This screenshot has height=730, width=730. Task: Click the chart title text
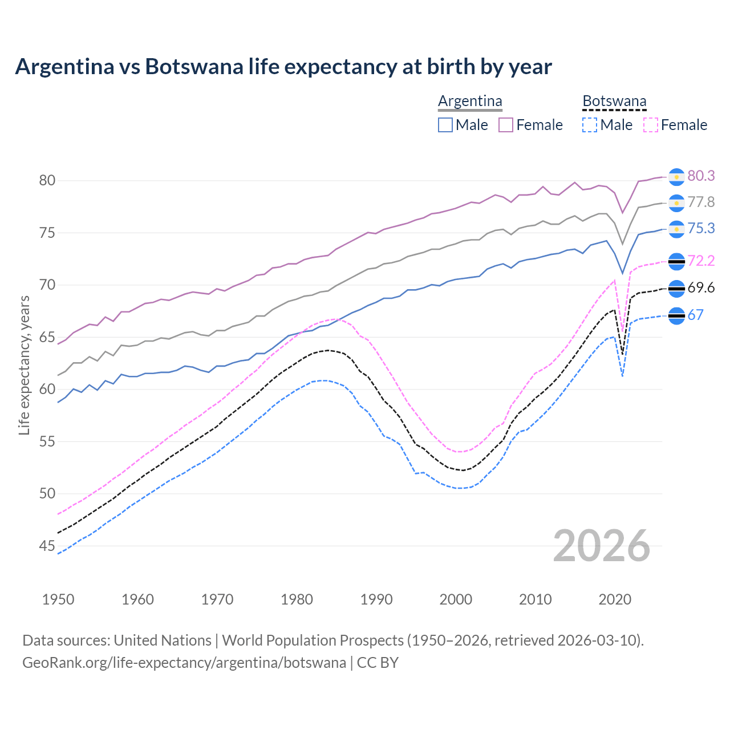pyautogui.click(x=283, y=67)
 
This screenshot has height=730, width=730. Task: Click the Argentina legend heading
pyautogui.click(x=470, y=102)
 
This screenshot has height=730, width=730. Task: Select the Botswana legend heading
pyautogui.click(x=614, y=102)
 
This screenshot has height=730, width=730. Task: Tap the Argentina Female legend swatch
pyautogui.click(x=506, y=125)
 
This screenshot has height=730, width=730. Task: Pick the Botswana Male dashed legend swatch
pyautogui.click(x=590, y=125)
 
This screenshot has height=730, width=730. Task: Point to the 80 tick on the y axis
pyautogui.click(x=47, y=181)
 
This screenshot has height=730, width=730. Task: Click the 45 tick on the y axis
pyautogui.click(x=47, y=546)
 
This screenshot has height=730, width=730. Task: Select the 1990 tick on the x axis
pyautogui.click(x=376, y=599)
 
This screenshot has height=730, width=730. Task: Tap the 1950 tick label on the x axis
pyautogui.click(x=58, y=599)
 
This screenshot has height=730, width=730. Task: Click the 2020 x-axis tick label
pyautogui.click(x=615, y=599)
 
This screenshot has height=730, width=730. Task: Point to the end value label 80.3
pyautogui.click(x=701, y=176)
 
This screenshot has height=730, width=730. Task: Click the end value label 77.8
pyautogui.click(x=701, y=202)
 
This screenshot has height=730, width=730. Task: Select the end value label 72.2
pyautogui.click(x=701, y=261)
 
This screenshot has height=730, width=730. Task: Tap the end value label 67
pyautogui.click(x=695, y=315)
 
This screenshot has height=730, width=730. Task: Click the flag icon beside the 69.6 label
pyautogui.click(x=676, y=289)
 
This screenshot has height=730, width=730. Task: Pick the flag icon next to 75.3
pyautogui.click(x=676, y=229)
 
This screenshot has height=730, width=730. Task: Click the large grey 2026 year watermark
pyautogui.click(x=601, y=546)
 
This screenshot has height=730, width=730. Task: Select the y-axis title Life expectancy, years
pyautogui.click(x=25, y=365)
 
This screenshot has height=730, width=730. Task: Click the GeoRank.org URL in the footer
pyautogui.click(x=184, y=663)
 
